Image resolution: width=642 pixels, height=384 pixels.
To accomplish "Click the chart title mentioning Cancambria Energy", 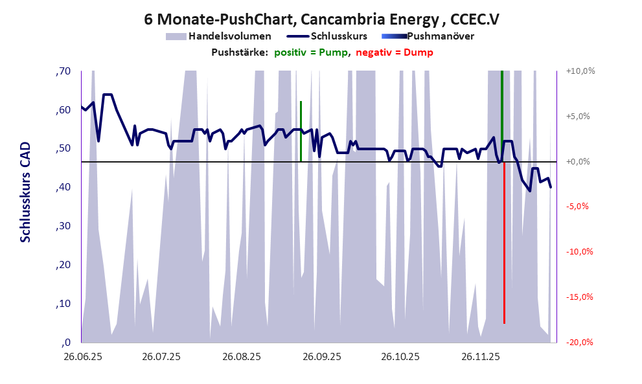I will [x=321, y=19].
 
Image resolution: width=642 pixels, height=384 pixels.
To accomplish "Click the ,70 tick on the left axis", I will [x=63, y=71].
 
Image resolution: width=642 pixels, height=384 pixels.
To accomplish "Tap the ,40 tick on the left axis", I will [x=63, y=188].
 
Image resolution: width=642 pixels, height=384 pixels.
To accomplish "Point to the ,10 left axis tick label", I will [x=63, y=304].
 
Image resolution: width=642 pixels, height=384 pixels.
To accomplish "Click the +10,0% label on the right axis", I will [x=580, y=71].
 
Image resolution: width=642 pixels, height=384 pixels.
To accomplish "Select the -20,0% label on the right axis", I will [x=580, y=343].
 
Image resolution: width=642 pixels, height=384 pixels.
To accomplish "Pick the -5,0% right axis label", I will [x=580, y=207].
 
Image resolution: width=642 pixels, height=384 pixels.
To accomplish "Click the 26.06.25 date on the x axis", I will [x=82, y=357].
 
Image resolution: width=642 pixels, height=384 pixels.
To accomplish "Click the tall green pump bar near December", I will [x=502, y=117].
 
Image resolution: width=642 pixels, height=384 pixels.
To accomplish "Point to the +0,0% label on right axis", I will [x=580, y=162].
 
